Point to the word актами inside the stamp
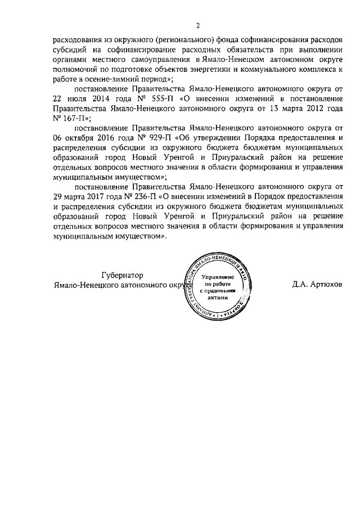click(217, 299)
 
